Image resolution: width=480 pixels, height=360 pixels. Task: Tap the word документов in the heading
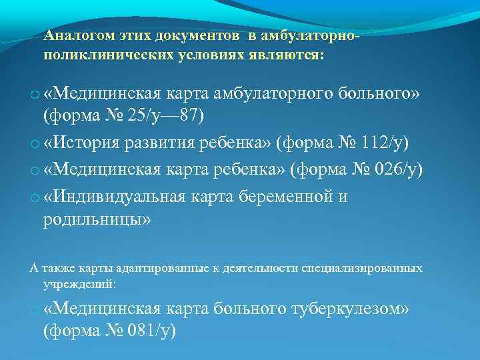coord(200,35)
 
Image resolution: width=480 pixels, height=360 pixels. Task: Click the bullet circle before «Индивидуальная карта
coord(35,198)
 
